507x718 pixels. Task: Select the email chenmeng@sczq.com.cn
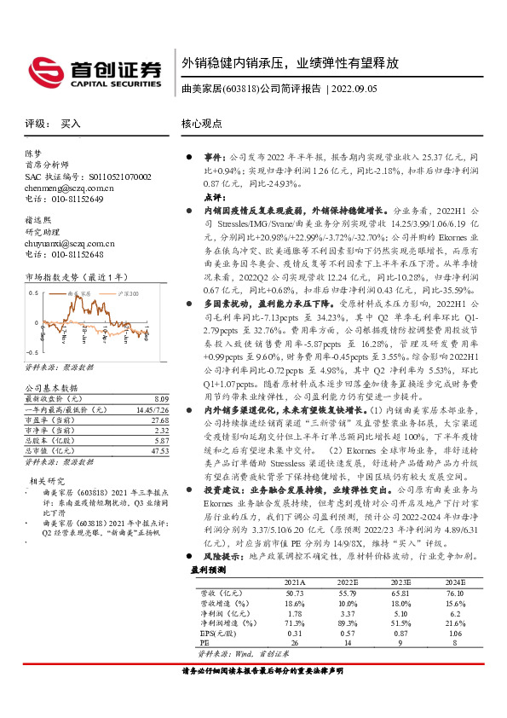68,188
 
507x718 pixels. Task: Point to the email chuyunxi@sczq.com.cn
69,243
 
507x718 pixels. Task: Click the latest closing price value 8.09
160,398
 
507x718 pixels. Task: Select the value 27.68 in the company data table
158,420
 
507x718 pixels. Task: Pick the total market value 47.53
158,451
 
